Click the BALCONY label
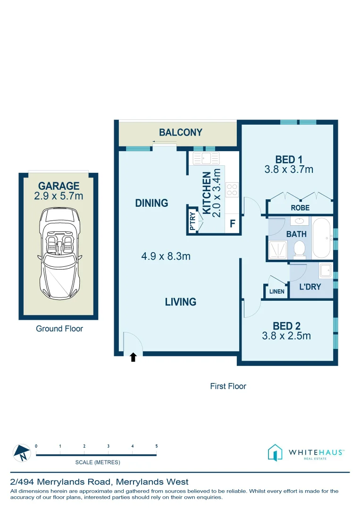(180, 133)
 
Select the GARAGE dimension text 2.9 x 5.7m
(59, 196)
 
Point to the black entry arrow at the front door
(133, 357)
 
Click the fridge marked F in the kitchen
(232, 224)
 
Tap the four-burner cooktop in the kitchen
(232, 190)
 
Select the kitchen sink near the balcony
(205, 158)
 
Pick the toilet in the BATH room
(299, 249)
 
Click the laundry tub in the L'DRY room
(325, 271)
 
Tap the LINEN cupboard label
(276, 292)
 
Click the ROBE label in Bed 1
(301, 208)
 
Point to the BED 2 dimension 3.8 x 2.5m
(286, 336)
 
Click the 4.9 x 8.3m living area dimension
(166, 256)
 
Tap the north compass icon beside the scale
(22, 453)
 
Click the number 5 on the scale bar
(156, 446)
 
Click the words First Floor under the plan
(228, 386)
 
